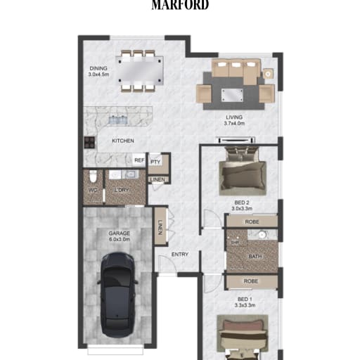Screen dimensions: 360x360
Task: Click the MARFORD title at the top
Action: point(180,5)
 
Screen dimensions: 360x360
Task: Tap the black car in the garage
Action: point(117,295)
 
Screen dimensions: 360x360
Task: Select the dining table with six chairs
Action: point(140,70)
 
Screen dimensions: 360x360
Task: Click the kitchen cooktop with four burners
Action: point(89,142)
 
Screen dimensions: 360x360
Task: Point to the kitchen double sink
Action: point(118,120)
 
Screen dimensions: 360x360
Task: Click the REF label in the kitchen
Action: point(139,160)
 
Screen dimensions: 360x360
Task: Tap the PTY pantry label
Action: point(155,162)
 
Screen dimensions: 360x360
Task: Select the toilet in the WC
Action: point(93,176)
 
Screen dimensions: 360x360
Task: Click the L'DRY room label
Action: point(122,190)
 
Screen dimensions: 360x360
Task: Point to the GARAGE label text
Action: point(120,233)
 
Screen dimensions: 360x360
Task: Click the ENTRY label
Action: point(180,255)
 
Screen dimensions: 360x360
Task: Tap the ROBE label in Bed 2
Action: point(252,221)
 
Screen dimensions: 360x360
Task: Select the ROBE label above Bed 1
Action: point(251,281)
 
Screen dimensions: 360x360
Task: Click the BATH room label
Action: point(255,257)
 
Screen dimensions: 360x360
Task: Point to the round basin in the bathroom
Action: point(262,234)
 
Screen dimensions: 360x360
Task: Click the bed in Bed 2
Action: point(242,171)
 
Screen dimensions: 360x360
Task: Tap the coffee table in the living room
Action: point(232,95)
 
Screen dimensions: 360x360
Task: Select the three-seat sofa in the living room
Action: point(236,70)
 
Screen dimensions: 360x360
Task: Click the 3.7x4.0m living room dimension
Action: point(234,123)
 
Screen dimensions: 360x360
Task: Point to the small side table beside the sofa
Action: point(268,74)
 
